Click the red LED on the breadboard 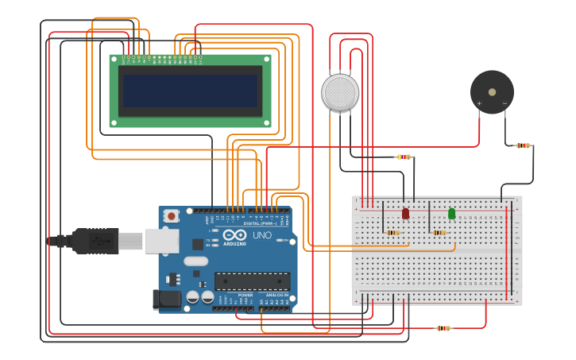pos(405,213)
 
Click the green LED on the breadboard pos(451,213)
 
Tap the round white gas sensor pos(340,92)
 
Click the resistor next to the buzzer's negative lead pos(523,145)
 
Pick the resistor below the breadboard pos(443,327)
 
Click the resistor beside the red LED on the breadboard pos(393,232)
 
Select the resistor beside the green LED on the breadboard pos(439,232)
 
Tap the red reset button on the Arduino pos(171,216)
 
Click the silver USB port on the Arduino pos(161,241)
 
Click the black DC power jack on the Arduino pos(167,299)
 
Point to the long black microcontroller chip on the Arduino pos(252,281)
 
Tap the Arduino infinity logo pos(234,235)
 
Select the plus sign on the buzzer pos(479,103)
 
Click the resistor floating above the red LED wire pos(404,157)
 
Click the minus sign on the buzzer pos(504,103)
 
